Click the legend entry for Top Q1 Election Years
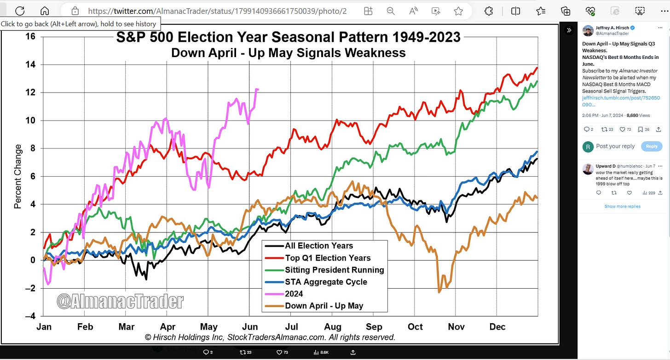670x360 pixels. (x=327, y=258)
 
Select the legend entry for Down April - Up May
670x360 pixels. (x=323, y=306)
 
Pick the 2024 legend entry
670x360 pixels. (x=294, y=294)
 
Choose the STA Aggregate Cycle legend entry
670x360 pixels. (x=326, y=282)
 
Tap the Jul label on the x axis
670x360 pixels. (x=291, y=327)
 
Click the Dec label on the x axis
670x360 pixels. (x=497, y=327)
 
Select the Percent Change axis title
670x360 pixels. (x=18, y=176)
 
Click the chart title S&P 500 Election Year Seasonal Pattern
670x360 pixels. (x=288, y=37)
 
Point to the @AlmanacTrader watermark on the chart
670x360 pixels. (x=120, y=302)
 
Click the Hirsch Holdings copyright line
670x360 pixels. (x=270, y=337)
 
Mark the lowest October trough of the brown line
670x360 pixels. (x=439, y=291)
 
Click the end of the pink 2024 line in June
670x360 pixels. (x=258, y=89)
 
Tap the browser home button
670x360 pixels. (x=45, y=11)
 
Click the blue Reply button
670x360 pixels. (x=652, y=146)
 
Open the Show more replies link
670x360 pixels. (x=622, y=206)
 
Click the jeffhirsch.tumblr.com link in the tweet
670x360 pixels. (x=621, y=101)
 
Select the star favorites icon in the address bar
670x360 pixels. (x=458, y=11)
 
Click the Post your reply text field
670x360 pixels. (x=615, y=146)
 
